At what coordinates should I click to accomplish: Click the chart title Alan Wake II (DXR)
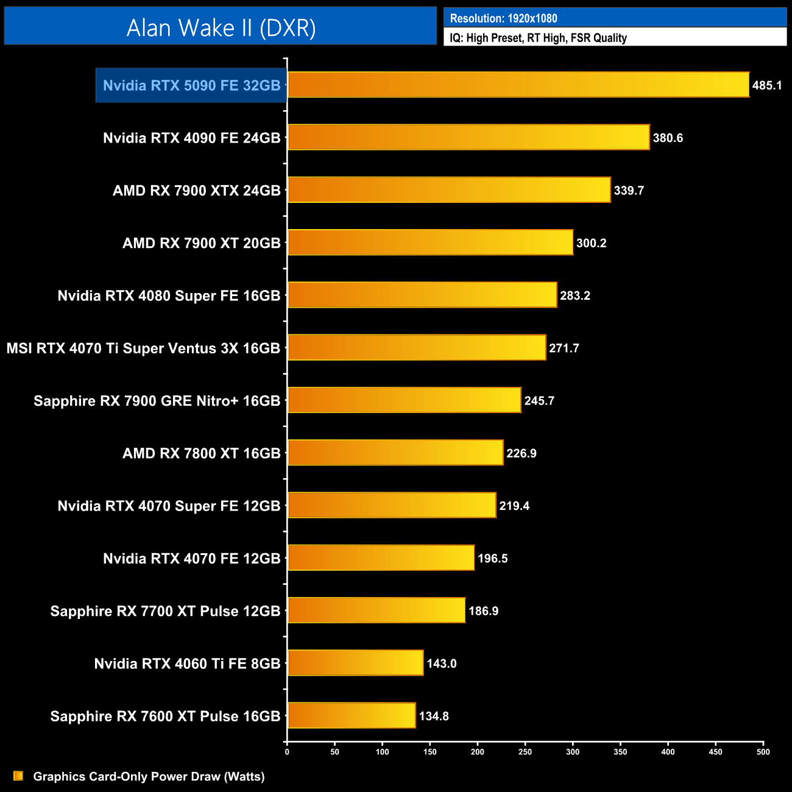click(221, 27)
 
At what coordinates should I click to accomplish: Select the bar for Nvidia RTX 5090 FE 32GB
click(518, 85)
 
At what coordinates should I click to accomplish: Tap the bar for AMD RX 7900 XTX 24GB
click(448, 190)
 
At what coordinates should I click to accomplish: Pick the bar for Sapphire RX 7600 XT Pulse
click(352, 715)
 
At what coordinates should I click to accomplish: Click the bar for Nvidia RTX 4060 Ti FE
click(355, 663)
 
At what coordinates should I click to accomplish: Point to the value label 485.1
click(766, 85)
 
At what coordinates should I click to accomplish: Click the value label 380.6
click(668, 138)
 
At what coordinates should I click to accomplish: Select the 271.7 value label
click(564, 348)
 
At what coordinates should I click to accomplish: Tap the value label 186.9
click(483, 610)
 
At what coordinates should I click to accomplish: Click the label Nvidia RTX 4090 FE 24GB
click(191, 138)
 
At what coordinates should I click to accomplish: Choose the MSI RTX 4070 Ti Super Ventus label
click(143, 348)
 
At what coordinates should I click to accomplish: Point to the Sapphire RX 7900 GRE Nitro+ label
click(157, 400)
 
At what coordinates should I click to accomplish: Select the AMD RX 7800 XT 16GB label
click(201, 453)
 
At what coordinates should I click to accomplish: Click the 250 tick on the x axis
click(525, 752)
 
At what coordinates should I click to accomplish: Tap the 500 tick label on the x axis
click(763, 752)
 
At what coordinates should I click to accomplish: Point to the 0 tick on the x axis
click(287, 752)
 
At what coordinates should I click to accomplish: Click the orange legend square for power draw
click(18, 776)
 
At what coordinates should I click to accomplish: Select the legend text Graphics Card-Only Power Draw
click(149, 776)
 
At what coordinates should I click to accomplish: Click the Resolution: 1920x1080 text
click(503, 18)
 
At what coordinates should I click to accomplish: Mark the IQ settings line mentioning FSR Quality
click(538, 38)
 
